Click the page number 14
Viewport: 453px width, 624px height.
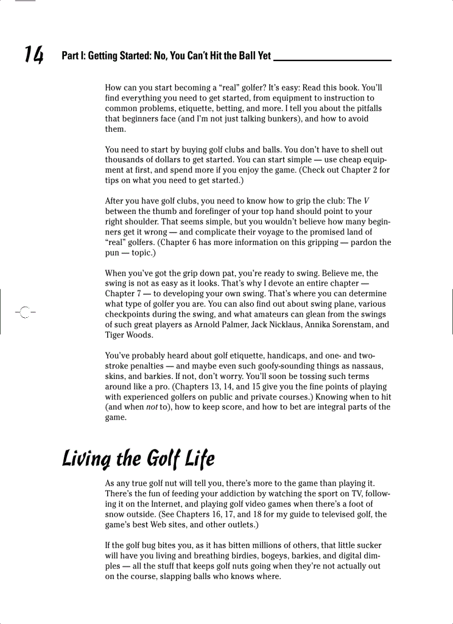point(33,54)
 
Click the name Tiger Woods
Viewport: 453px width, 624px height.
point(128,335)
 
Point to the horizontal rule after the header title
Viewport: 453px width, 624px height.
point(333,59)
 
